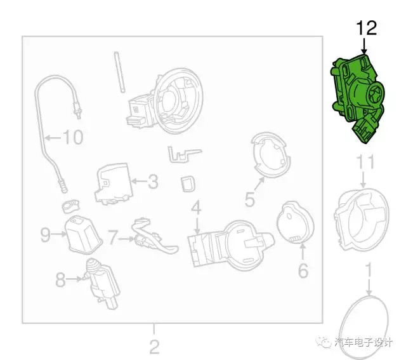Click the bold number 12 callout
pos(367,28)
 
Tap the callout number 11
pos(366,163)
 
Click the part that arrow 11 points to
pos(362,220)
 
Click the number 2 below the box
pos(154,346)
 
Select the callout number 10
pos(74,137)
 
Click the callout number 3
pos(153,182)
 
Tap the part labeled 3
pos(114,183)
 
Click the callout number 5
pos(250,199)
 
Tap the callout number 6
pos(303,270)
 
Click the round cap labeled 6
pos(295,222)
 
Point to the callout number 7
pos(113,237)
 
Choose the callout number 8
pos(60,279)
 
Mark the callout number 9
pos(45,235)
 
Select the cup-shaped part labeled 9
pos(83,234)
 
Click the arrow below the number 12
pos(364,46)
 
